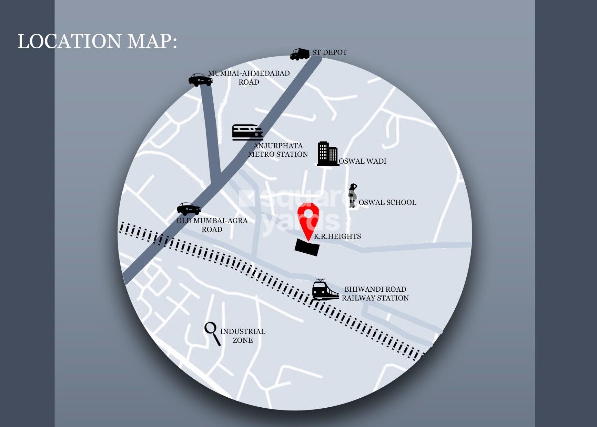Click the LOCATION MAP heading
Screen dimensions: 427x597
pyautogui.click(x=97, y=41)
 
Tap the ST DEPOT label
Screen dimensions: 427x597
pyautogui.click(x=330, y=52)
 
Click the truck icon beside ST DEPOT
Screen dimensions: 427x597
pyautogui.click(x=300, y=54)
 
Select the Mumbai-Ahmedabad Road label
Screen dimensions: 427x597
pyautogui.click(x=249, y=78)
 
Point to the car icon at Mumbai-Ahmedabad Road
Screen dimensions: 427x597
pyautogui.click(x=200, y=80)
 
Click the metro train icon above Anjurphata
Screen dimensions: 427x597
pyautogui.click(x=247, y=132)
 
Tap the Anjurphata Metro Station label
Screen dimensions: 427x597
pyautogui.click(x=278, y=150)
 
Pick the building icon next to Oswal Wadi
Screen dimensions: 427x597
pyautogui.click(x=327, y=154)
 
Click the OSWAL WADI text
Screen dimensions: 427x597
pyautogui.click(x=363, y=161)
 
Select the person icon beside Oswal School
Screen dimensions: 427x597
pyautogui.click(x=352, y=195)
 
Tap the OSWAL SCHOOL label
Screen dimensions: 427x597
pyautogui.click(x=387, y=203)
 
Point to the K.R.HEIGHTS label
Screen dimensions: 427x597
pyautogui.click(x=337, y=236)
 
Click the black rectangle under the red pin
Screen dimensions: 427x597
pyautogui.click(x=307, y=248)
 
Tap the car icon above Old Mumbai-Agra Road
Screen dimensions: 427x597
pyautogui.click(x=189, y=208)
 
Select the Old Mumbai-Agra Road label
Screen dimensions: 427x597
pyautogui.click(x=212, y=225)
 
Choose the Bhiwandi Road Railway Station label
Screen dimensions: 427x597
pyautogui.click(x=375, y=294)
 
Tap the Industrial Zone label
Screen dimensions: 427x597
pyautogui.click(x=243, y=336)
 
